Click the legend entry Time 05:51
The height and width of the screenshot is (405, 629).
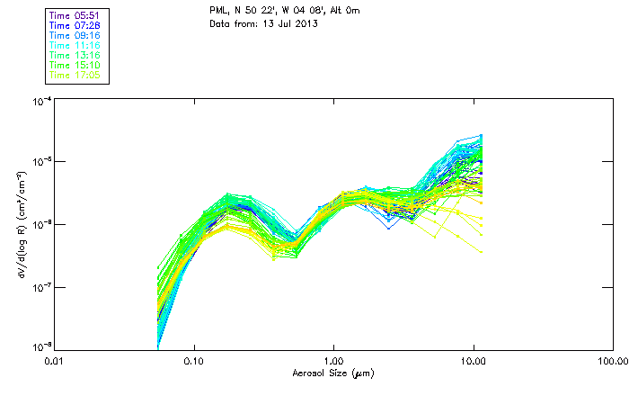tap(76, 15)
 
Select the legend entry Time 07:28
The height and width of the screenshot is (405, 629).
tap(76, 25)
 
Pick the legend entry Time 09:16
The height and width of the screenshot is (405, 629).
tap(76, 35)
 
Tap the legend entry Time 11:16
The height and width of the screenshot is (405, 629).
tap(76, 45)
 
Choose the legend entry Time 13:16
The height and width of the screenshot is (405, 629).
tap(76, 55)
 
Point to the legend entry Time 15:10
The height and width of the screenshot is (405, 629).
tap(76, 65)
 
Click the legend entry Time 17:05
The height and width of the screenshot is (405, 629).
tap(76, 75)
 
